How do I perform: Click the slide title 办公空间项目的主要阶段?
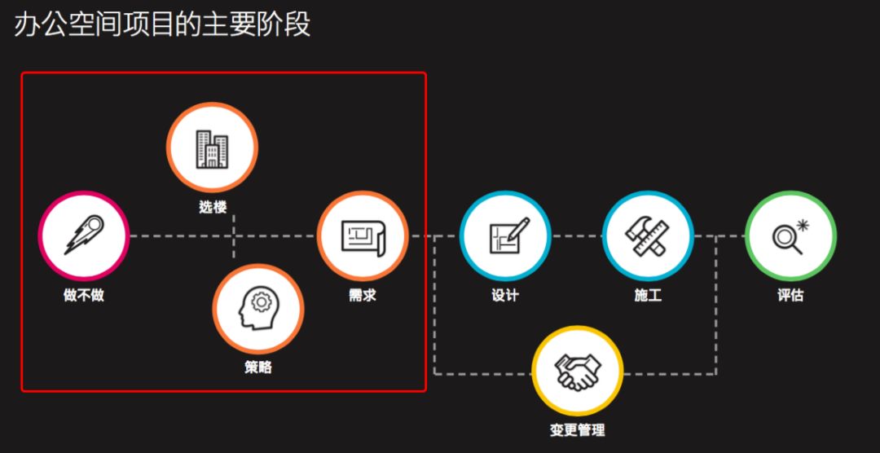[162, 24]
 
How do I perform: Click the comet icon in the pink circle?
[83, 236]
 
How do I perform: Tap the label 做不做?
[83, 295]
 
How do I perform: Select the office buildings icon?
[212, 148]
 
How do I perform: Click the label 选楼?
[212, 207]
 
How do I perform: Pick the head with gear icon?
[257, 308]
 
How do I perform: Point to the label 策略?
[257, 367]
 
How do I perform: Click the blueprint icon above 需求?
[362, 236]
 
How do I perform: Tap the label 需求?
[362, 295]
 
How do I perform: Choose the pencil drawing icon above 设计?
[505, 236]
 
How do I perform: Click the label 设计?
[505, 295]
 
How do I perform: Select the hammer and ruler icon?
[648, 236]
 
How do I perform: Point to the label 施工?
[648, 295]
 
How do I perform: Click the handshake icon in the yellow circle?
[577, 372]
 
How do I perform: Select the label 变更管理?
[577, 430]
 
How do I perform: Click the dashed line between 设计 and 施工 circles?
[577, 236]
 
